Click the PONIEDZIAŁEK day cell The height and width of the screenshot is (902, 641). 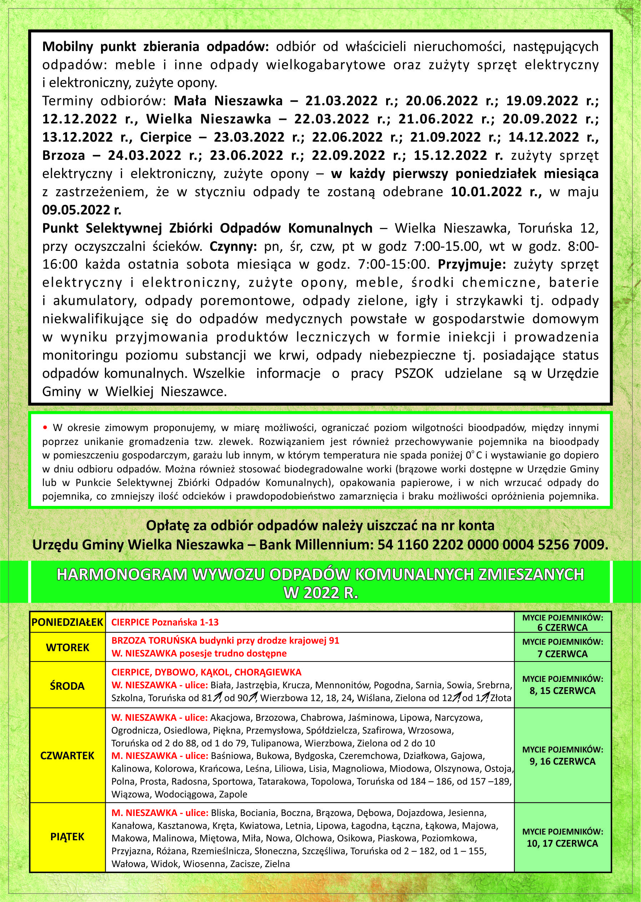(67, 622)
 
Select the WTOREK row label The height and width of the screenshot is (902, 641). (67, 648)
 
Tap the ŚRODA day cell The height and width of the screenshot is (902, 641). (67, 686)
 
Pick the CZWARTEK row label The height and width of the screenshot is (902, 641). (67, 756)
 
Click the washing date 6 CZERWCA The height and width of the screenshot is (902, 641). (562, 628)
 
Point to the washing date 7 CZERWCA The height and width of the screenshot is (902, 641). (562, 654)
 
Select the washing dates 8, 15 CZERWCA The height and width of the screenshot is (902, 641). (562, 691)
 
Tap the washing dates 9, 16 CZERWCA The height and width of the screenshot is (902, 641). (562, 761)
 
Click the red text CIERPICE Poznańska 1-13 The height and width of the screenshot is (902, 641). (165, 622)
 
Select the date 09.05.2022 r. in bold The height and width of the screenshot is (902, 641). (82, 210)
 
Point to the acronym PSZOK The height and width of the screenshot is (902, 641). (414, 374)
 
